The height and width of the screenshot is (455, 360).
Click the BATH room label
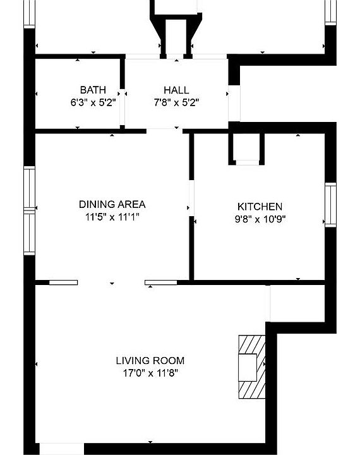pos(93,90)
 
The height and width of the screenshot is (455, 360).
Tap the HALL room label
pos(176,90)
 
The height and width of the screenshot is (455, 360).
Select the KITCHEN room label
pos(260,207)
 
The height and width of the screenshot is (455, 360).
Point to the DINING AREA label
pos(112,204)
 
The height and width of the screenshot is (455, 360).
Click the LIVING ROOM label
pos(150,361)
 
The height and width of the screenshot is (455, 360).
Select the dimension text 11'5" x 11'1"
pos(112,217)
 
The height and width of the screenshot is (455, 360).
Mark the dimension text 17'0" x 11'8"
pos(150,373)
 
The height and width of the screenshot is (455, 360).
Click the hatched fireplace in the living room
pos(251,366)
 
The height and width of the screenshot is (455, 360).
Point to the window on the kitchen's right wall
pos(330,204)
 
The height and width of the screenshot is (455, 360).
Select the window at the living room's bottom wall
pos(61,449)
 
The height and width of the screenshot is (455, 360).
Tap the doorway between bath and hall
pos(123,94)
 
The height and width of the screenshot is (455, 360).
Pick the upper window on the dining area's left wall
pos(29,188)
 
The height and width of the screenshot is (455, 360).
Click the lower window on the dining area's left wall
pos(29,233)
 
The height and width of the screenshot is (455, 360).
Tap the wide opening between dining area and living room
pos(111,282)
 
